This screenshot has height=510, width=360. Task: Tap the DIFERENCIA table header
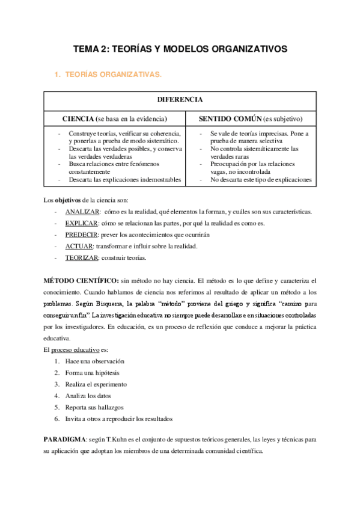coord(180,99)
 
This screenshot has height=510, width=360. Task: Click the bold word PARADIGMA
coord(66,440)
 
